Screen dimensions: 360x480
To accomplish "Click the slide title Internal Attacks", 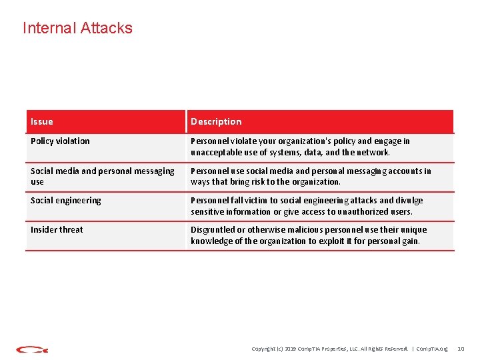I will (x=77, y=28).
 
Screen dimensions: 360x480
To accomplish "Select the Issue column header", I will (x=42, y=121).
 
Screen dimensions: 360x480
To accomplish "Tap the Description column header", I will (x=216, y=121).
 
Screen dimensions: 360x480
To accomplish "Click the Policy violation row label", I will (x=60, y=141).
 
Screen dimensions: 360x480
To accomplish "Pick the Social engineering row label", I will (x=66, y=200).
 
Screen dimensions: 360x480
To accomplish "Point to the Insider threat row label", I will (x=57, y=229).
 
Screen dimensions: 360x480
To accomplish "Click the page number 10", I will (x=460, y=349).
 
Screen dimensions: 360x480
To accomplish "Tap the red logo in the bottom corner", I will (x=31, y=349).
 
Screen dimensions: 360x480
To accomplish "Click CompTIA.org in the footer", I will (x=432, y=349).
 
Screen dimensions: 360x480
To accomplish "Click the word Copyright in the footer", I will (x=264, y=349).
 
